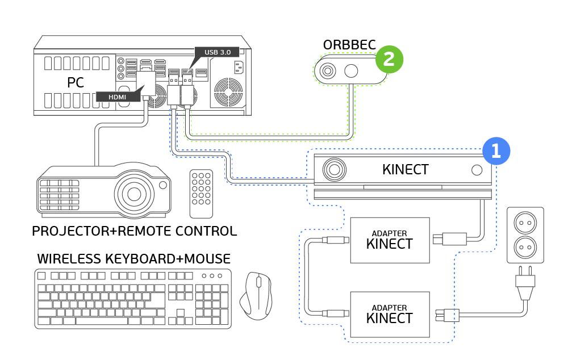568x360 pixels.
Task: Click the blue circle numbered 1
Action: click(x=496, y=151)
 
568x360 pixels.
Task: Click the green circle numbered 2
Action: click(x=389, y=58)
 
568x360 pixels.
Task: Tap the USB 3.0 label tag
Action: click(x=217, y=52)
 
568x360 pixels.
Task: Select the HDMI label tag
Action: click(x=117, y=97)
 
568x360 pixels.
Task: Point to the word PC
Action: click(x=76, y=83)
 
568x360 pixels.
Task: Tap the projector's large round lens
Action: click(x=134, y=194)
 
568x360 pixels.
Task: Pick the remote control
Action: click(x=201, y=194)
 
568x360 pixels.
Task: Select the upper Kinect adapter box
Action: click(x=390, y=240)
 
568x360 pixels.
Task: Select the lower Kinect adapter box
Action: click(x=390, y=314)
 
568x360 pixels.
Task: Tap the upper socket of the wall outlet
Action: click(x=525, y=223)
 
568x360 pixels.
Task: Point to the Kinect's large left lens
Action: click(x=335, y=169)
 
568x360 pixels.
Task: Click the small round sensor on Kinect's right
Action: click(x=477, y=170)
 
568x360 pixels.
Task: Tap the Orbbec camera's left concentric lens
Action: click(x=327, y=71)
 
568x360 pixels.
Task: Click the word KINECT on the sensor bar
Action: click(x=405, y=169)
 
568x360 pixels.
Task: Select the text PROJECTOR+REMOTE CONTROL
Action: click(x=134, y=231)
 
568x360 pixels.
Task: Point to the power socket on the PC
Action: click(x=238, y=67)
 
